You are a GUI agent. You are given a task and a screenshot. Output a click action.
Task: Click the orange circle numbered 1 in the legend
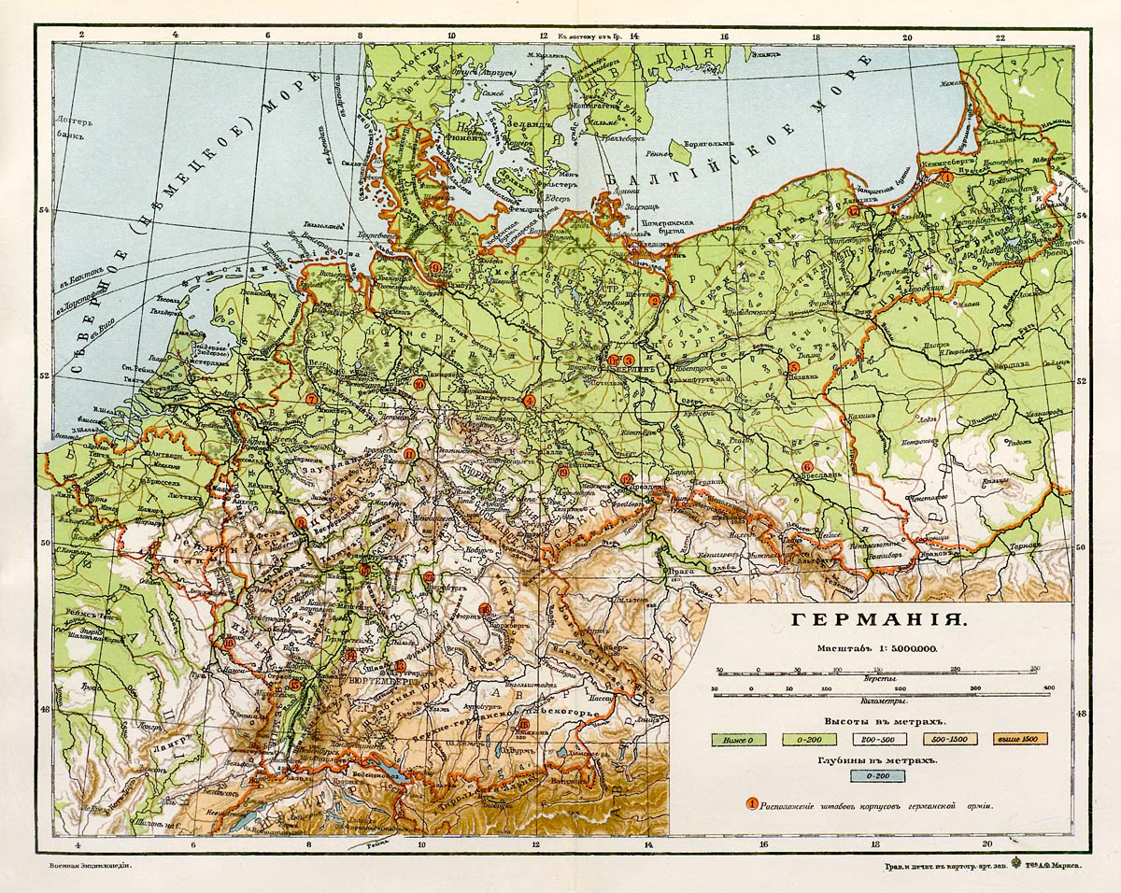[752, 804]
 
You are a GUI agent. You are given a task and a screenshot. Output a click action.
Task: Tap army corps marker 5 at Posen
[793, 367]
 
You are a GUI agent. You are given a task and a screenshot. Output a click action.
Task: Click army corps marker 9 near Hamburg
[435, 268]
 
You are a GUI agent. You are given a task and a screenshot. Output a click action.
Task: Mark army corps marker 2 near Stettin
[655, 300]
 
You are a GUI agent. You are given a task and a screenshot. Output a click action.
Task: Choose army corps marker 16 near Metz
[229, 643]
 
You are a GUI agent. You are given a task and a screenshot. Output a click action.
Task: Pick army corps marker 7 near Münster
[312, 400]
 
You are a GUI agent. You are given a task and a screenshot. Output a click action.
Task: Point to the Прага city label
[674, 569]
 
